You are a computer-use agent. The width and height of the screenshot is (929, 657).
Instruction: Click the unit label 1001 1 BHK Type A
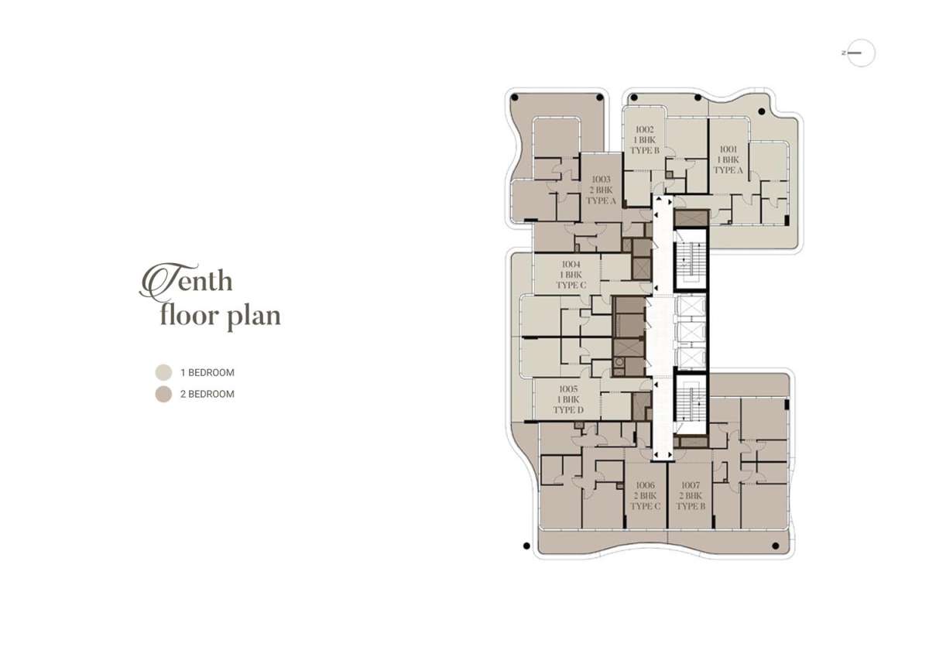(x=728, y=159)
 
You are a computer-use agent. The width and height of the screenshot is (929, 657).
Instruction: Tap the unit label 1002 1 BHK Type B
(x=645, y=140)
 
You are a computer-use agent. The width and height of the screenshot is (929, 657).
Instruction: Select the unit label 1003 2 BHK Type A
(x=601, y=190)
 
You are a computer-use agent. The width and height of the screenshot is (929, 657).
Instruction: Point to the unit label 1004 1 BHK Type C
(x=571, y=275)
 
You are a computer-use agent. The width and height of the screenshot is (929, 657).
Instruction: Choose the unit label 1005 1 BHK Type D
(x=568, y=399)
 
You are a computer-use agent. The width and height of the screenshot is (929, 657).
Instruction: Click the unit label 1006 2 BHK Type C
(x=646, y=496)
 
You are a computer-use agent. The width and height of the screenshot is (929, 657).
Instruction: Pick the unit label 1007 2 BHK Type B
(x=691, y=496)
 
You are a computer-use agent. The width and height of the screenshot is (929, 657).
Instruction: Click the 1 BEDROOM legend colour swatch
(x=163, y=372)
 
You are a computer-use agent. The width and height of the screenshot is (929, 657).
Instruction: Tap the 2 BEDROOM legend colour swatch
(x=163, y=394)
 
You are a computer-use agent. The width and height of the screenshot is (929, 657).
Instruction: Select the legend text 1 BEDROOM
(x=207, y=373)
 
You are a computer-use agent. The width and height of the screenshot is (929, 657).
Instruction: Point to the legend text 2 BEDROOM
(x=207, y=394)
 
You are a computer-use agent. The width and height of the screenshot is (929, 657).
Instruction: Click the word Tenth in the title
(x=186, y=282)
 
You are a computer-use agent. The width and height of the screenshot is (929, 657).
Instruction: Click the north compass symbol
(x=860, y=53)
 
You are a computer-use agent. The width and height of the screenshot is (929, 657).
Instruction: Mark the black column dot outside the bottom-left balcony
(x=526, y=546)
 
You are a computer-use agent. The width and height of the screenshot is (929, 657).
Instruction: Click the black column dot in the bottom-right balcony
(x=776, y=546)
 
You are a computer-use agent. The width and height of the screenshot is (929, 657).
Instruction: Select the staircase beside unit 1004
(x=691, y=259)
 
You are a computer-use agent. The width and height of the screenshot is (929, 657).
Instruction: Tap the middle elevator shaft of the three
(x=691, y=333)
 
